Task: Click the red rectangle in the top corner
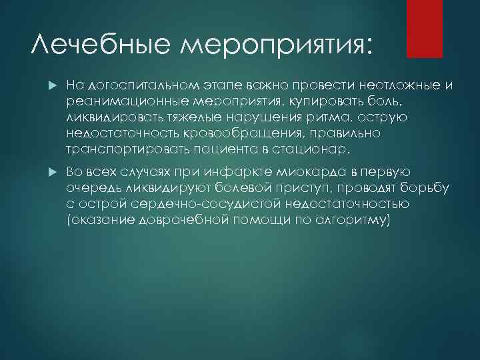(x=425, y=28)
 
